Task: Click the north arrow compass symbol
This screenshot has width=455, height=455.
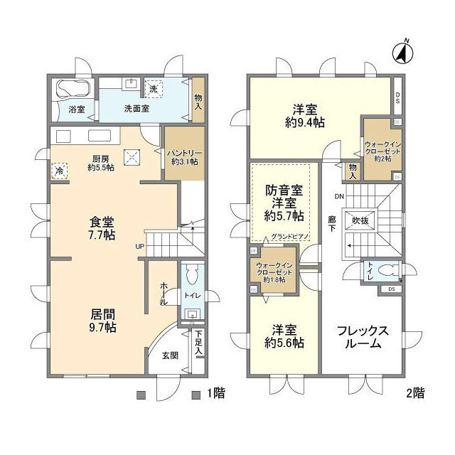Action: tap(403, 51)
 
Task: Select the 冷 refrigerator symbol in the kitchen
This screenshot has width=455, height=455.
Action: tap(58, 171)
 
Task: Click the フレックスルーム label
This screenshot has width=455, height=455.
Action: tap(363, 337)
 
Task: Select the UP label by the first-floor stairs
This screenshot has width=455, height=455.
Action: tap(140, 247)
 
